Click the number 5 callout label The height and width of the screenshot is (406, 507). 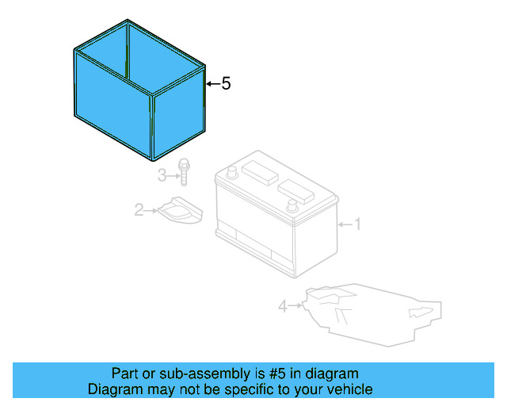coord(226,83)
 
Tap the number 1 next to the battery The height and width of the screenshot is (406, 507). coord(356,225)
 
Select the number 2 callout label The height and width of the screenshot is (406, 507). coord(138,210)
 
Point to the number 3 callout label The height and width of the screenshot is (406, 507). coord(161,174)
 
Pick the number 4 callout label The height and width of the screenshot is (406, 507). coord(283,304)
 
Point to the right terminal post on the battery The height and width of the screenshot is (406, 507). coord(292,205)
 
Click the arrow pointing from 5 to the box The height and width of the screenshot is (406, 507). coord(212,83)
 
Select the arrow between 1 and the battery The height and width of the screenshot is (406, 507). coord(344,225)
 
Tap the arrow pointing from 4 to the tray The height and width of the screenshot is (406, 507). coord(295,304)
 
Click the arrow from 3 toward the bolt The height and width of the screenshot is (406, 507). coord(173,174)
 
